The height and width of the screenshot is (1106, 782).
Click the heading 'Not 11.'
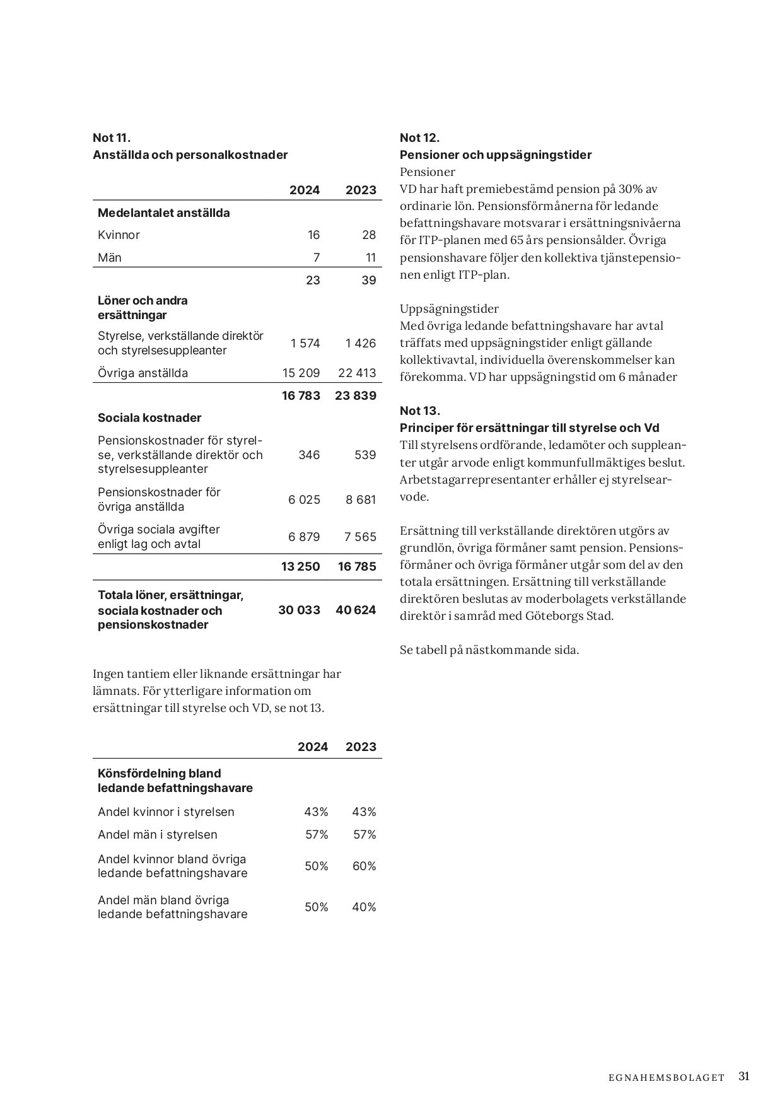pos(112,138)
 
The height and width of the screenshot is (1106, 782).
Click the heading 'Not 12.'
pos(419,138)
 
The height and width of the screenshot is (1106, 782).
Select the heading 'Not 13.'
pos(419,411)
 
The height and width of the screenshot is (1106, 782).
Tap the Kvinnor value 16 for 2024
pos(313,235)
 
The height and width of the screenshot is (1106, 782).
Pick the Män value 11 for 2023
pos(370,257)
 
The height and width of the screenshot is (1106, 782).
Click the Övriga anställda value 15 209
pos(301,373)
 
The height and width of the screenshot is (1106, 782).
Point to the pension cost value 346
pos(309,455)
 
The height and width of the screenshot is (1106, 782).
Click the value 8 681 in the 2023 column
pos(360,500)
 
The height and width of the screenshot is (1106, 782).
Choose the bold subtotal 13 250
pos(300,567)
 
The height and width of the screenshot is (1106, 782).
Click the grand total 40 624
pos(356,610)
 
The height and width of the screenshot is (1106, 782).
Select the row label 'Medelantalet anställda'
pos(164,213)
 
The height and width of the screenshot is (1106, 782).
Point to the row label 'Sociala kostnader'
pos(149,418)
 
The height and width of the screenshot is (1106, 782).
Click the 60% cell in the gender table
pos(364,866)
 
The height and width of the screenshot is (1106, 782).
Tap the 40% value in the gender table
pos(364,907)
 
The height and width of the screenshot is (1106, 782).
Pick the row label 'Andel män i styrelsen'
pos(158,835)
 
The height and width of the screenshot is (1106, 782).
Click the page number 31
pos(744,1076)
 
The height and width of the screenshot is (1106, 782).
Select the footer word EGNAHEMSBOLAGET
pos(667,1078)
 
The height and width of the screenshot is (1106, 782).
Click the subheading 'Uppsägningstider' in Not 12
pos(449,309)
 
